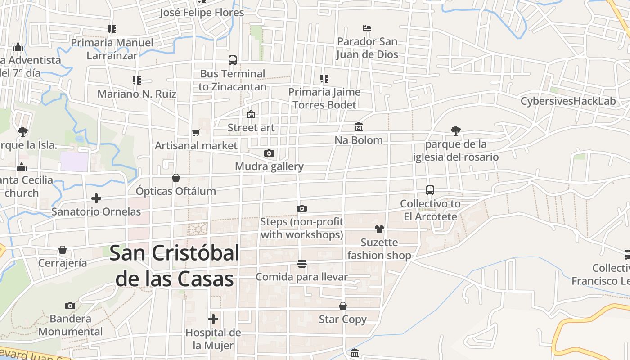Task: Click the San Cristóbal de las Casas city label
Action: tap(175, 266)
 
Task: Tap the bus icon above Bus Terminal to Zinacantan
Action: tap(233, 60)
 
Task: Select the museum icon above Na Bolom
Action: tap(359, 127)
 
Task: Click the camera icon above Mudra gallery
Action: tap(269, 153)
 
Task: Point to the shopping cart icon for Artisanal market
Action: tap(196, 133)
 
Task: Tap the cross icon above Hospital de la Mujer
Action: tap(213, 319)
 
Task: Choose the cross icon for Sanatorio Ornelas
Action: tap(96, 198)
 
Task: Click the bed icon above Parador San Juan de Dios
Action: tap(367, 28)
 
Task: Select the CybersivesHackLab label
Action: tap(568, 101)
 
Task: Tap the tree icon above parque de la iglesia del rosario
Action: tap(456, 131)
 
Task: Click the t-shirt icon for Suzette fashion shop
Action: tap(379, 229)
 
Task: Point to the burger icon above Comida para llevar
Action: tap(301, 264)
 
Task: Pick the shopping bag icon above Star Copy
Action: tap(343, 306)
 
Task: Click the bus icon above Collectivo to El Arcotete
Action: tap(430, 190)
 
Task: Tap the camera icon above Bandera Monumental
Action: tap(70, 306)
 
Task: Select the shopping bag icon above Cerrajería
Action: tap(63, 250)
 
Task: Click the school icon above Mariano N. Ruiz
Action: tap(137, 81)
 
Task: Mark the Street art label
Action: tap(251, 128)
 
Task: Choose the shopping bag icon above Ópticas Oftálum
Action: tap(176, 178)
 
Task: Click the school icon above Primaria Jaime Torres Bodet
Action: tap(324, 79)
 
